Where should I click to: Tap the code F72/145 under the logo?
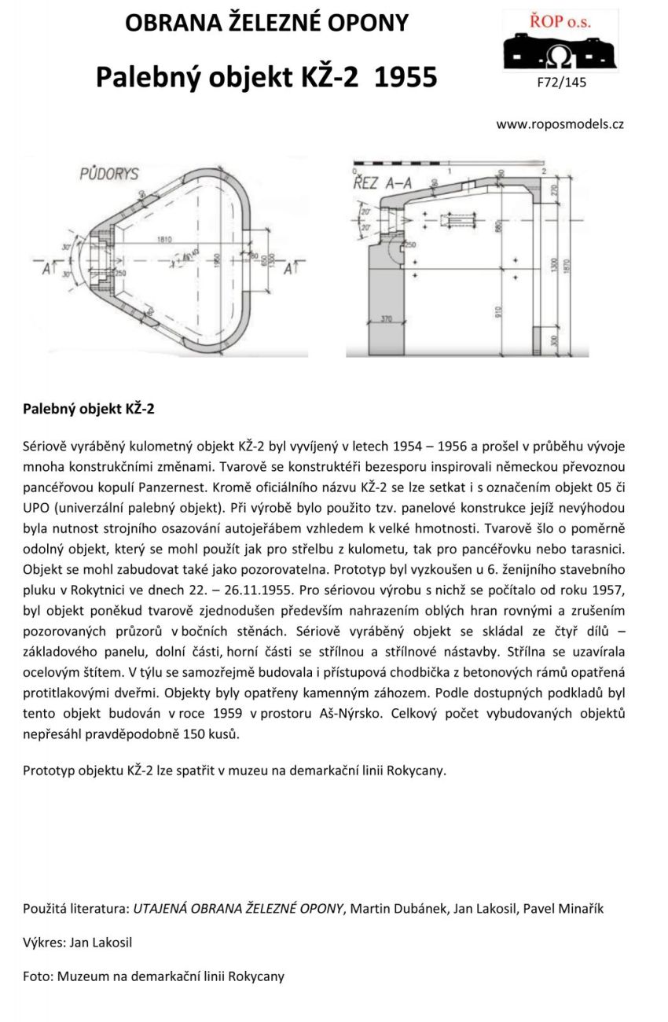pyautogui.click(x=560, y=80)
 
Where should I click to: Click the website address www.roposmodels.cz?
pyautogui.click(x=560, y=124)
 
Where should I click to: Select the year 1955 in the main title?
pyautogui.click(x=406, y=78)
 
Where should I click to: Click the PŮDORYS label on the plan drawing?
pyautogui.click(x=109, y=173)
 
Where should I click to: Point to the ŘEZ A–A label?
pyautogui.click(x=383, y=183)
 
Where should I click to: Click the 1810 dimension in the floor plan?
pyautogui.click(x=164, y=239)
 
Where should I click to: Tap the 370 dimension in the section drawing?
pyautogui.click(x=385, y=318)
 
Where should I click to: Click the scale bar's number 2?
pyautogui.click(x=543, y=171)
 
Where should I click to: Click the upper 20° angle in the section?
pyautogui.click(x=365, y=213)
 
